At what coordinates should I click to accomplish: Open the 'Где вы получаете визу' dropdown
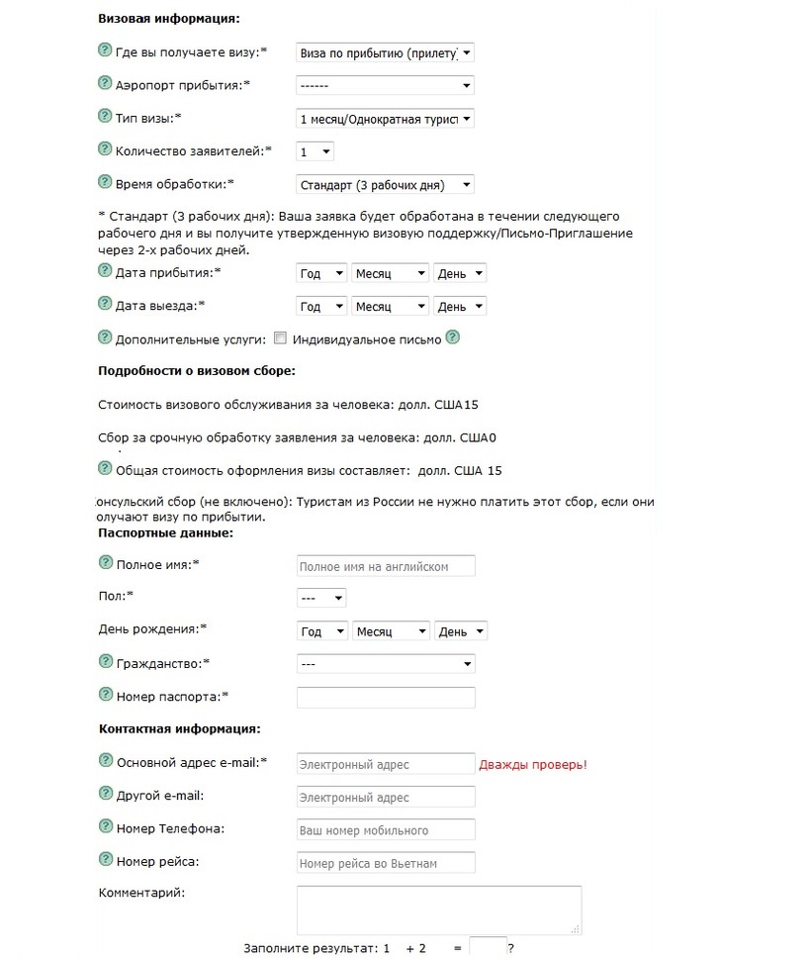[385, 52]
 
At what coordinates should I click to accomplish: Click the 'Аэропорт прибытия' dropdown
[385, 85]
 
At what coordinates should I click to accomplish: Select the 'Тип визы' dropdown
[385, 119]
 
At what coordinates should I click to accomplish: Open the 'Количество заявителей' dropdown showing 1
[315, 151]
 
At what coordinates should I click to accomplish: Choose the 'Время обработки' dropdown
[385, 184]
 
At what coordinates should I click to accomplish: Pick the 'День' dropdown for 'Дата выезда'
[460, 307]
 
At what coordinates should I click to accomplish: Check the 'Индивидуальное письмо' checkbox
[280, 338]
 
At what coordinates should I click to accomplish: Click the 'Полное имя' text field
[386, 566]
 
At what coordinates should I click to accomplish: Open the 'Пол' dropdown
[321, 599]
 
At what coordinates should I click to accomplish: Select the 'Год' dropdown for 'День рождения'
[322, 631]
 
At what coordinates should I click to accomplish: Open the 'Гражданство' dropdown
[385, 664]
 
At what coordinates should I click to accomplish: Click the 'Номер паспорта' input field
[386, 698]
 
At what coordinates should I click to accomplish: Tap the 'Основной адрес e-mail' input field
[386, 764]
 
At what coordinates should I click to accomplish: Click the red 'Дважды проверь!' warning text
[533, 764]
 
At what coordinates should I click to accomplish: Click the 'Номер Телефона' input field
[386, 829]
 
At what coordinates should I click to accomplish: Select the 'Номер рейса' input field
[386, 863]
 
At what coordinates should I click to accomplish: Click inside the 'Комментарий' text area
[439, 910]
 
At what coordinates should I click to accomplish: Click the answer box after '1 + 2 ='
[488, 947]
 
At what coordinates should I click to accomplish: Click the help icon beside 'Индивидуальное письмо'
[453, 337]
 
